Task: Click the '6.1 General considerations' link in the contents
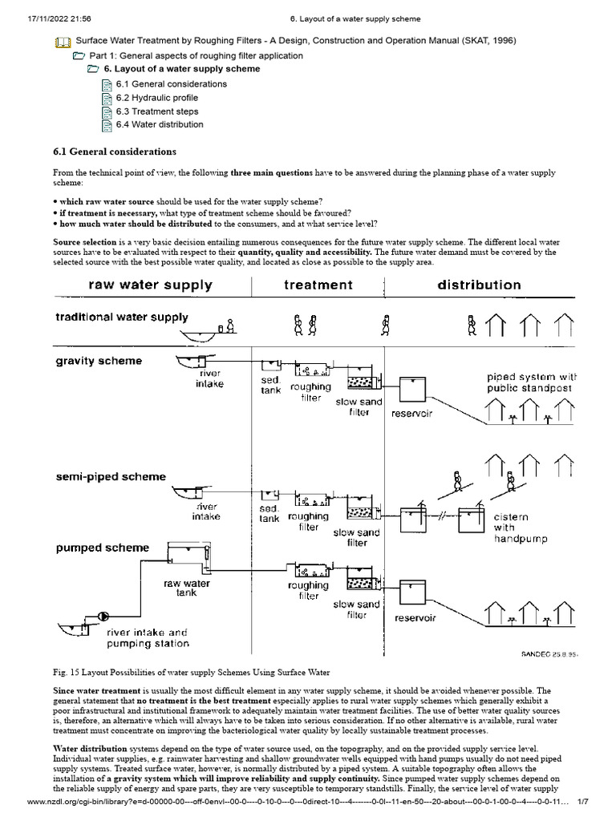coord(171,84)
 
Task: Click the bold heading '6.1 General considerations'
coord(115,152)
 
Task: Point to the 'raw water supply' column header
coord(150,285)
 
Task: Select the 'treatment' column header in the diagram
coord(318,285)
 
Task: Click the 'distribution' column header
coord(478,285)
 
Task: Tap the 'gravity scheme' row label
coord(99,361)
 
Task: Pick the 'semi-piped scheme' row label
coord(111,476)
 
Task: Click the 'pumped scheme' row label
coord(102,548)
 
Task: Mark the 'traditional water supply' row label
coord(122,317)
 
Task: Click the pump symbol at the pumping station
coord(103,616)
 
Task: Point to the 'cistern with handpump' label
coord(521,528)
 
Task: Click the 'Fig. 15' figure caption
coord(192,671)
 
